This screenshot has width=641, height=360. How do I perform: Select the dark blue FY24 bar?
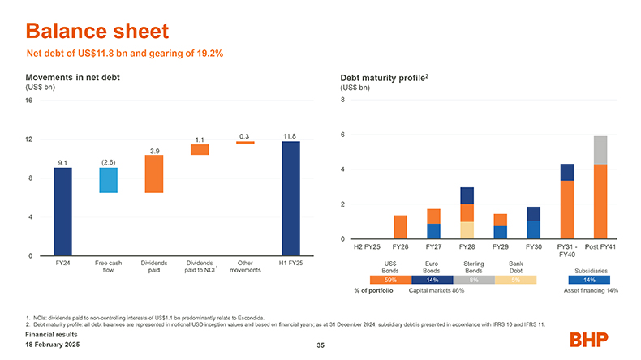click(x=62, y=212)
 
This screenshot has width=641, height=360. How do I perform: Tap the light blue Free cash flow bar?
click(x=108, y=180)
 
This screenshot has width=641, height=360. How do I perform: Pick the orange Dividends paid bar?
click(x=154, y=174)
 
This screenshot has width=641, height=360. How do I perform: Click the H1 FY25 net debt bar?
click(x=290, y=199)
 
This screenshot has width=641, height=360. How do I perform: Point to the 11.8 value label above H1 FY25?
click(x=290, y=135)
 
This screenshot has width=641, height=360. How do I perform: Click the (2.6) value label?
click(x=109, y=162)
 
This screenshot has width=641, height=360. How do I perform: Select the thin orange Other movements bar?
click(x=244, y=143)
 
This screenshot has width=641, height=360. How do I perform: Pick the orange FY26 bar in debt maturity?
click(x=400, y=227)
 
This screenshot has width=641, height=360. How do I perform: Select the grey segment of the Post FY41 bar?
click(x=600, y=150)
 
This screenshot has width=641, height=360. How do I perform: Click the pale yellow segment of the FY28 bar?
click(x=467, y=230)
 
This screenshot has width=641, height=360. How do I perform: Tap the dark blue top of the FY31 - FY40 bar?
click(x=566, y=172)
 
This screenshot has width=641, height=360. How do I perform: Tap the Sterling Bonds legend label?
click(x=474, y=267)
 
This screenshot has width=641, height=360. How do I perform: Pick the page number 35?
click(x=320, y=346)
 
